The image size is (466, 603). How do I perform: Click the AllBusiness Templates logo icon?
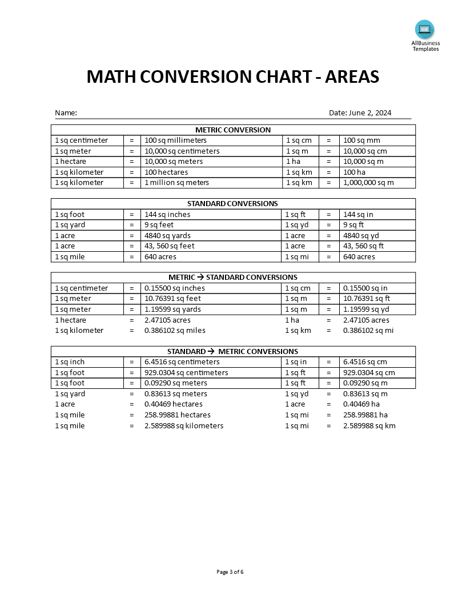click(425, 29)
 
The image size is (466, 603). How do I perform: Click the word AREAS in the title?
click(352, 77)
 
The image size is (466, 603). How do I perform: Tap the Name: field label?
click(66, 113)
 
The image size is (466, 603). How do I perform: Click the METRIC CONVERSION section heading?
click(233, 130)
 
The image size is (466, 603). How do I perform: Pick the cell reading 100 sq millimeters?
click(175, 140)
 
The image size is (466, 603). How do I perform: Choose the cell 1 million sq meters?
click(176, 183)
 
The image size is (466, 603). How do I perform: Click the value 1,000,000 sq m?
click(368, 183)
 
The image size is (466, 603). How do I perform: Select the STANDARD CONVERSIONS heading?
click(232, 204)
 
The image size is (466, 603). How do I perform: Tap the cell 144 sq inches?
click(167, 215)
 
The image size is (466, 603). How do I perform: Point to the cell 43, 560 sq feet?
click(169, 246)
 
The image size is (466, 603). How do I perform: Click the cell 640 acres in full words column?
click(160, 257)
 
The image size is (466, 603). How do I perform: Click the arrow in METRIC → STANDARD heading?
click(200, 278)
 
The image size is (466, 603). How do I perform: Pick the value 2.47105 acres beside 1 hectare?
click(167, 320)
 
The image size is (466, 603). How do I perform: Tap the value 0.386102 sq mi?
click(368, 331)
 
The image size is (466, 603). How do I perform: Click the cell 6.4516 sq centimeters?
click(182, 362)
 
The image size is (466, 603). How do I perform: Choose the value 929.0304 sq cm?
click(369, 373)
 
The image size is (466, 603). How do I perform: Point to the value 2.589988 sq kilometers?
click(184, 426)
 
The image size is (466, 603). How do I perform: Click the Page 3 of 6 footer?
click(233, 572)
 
